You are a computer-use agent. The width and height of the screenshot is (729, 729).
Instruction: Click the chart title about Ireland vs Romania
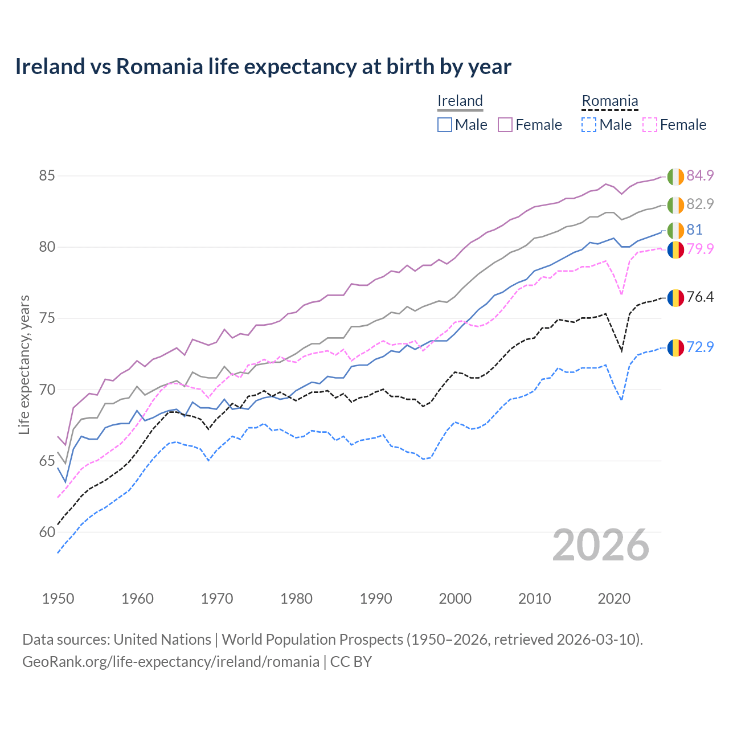(x=263, y=67)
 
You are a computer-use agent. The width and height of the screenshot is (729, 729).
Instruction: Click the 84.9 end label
(x=700, y=175)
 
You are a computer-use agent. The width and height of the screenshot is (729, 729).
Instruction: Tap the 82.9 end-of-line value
(x=700, y=204)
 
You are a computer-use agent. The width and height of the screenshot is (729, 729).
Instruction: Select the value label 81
(x=694, y=230)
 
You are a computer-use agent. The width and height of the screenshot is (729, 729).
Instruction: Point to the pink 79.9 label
(x=700, y=249)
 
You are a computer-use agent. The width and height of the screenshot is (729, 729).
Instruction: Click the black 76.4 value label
(x=700, y=297)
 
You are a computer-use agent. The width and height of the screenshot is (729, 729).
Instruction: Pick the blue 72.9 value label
(x=700, y=346)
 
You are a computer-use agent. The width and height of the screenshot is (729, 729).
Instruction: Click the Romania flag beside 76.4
(x=675, y=298)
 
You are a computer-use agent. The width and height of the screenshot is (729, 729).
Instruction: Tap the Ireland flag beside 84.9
(x=675, y=177)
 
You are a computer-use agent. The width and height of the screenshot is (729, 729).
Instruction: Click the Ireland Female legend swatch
(x=505, y=125)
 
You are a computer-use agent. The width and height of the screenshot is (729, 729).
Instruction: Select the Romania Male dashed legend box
(x=589, y=125)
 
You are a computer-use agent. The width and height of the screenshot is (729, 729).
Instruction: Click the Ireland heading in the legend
(x=460, y=101)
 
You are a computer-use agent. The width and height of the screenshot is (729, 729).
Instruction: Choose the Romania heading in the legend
(x=609, y=101)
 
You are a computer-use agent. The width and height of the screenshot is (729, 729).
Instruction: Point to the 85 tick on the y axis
(x=47, y=176)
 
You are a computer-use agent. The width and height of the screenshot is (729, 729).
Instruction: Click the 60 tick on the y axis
(x=47, y=533)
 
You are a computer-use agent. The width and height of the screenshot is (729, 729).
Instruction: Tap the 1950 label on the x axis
(x=58, y=599)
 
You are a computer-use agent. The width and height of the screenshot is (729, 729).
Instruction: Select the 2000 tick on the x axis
(x=455, y=599)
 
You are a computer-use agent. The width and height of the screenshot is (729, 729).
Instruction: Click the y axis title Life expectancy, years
(x=24, y=364)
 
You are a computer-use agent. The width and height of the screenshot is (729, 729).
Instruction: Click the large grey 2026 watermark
(x=601, y=545)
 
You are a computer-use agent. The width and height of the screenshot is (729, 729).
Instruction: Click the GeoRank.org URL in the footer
(x=171, y=662)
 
